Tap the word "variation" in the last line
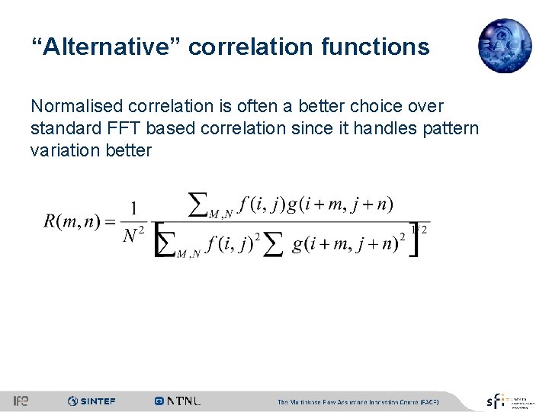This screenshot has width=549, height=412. click(x=63, y=150)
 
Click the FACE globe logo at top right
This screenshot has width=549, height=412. click(x=504, y=46)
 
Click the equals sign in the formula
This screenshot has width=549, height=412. click(x=108, y=222)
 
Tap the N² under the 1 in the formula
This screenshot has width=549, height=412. click(x=134, y=237)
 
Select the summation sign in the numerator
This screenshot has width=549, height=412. click(x=198, y=204)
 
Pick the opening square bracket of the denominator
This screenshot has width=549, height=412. click(x=161, y=241)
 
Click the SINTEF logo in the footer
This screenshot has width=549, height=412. click(x=91, y=401)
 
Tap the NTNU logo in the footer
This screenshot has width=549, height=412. click(x=178, y=401)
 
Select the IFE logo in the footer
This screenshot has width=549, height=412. click(x=21, y=401)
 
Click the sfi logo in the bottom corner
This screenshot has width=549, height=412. click(x=496, y=401)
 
